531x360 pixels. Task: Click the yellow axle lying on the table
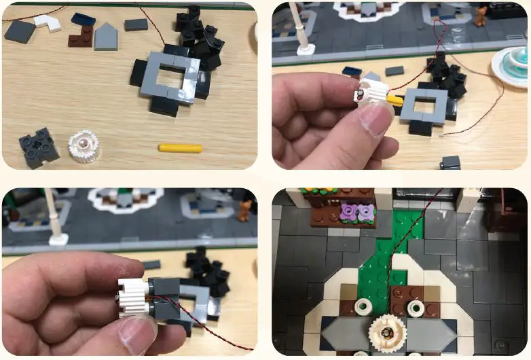[x=181, y=147]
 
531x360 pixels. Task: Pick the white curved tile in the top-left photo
[x=48, y=23]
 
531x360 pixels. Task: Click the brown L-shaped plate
[x=81, y=35]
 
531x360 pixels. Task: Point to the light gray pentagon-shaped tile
[x=106, y=37]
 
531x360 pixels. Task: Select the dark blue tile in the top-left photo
[x=83, y=19]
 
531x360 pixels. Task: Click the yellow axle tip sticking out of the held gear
[x=394, y=100]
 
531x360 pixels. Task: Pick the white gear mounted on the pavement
[x=387, y=334]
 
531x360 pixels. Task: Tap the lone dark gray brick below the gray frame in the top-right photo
[x=450, y=163]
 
